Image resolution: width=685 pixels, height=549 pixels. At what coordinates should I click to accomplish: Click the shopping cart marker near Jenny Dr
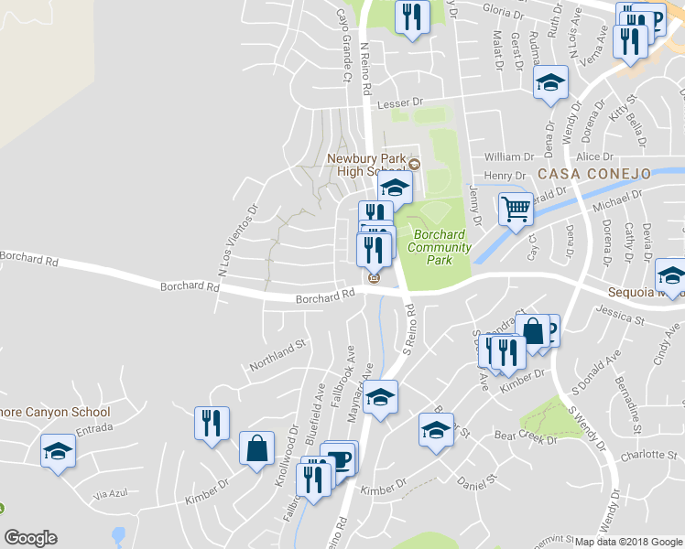tap(516, 210)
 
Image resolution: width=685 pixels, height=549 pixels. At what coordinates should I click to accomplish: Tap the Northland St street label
tap(278, 354)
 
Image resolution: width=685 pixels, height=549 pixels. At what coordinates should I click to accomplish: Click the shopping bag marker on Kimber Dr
tap(256, 448)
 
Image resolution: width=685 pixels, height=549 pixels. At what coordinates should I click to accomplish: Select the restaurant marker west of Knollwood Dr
tap(211, 423)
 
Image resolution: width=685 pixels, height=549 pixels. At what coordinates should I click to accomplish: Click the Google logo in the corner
tap(30, 538)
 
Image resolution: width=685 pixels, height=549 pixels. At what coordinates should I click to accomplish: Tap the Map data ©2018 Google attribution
tap(628, 542)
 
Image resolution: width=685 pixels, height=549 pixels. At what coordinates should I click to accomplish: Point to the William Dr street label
tap(508, 157)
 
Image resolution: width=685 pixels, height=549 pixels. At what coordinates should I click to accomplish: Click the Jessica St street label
tap(614, 312)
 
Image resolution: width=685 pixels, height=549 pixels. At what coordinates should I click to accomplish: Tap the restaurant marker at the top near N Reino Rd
tap(412, 16)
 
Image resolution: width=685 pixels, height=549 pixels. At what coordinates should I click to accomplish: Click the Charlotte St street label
tap(640, 455)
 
